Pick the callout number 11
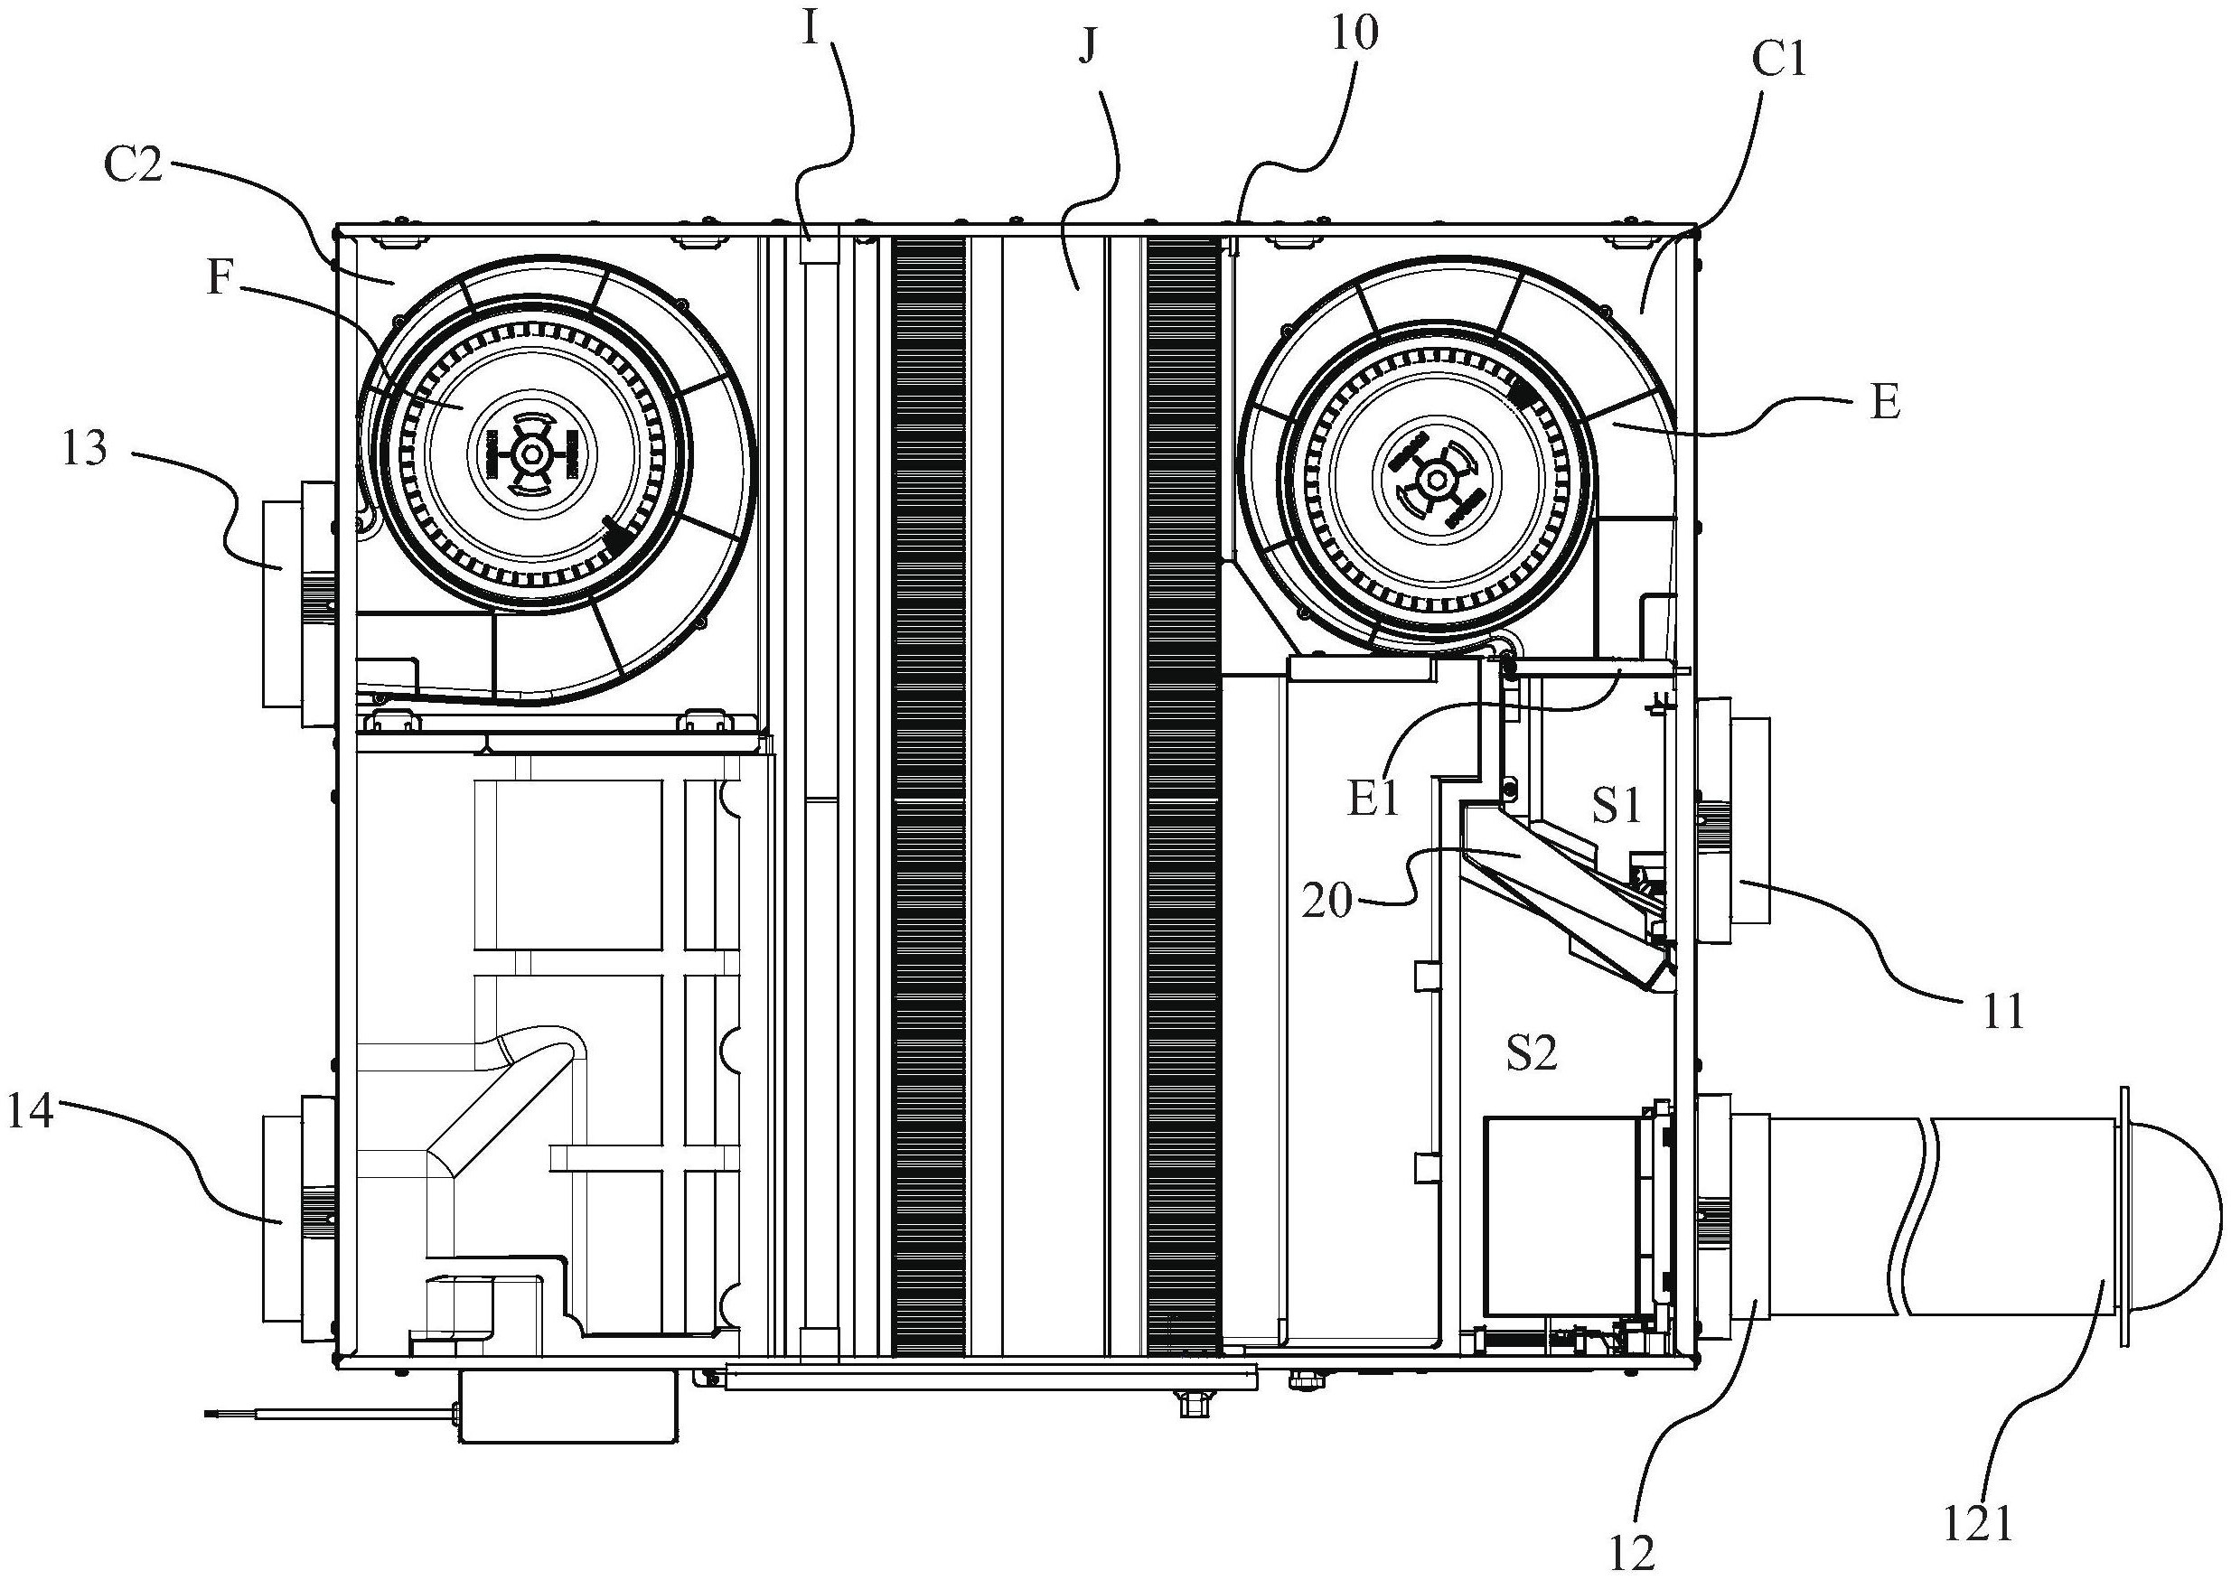(2001, 1012)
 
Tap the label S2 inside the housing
(1532, 1052)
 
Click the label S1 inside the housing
(1616, 805)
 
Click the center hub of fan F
(531, 453)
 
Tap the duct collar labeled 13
(296, 604)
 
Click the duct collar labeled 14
(296, 1220)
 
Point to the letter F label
(219, 277)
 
